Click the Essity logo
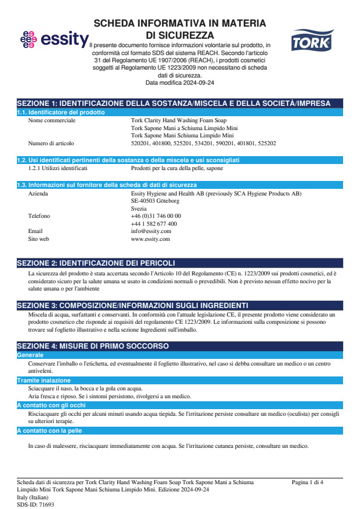[x=53, y=40]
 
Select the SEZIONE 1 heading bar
[x=179, y=103]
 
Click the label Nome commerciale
[x=52, y=120]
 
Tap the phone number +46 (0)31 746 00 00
[x=155, y=216]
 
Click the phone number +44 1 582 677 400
[x=154, y=224]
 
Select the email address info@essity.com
[x=151, y=231]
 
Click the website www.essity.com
[x=150, y=239]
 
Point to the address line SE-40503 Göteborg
[x=155, y=200]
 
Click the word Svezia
[x=139, y=208]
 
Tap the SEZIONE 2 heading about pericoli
[x=96, y=263]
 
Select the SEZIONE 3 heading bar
[x=132, y=305]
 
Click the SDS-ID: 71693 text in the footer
[x=36, y=504]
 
